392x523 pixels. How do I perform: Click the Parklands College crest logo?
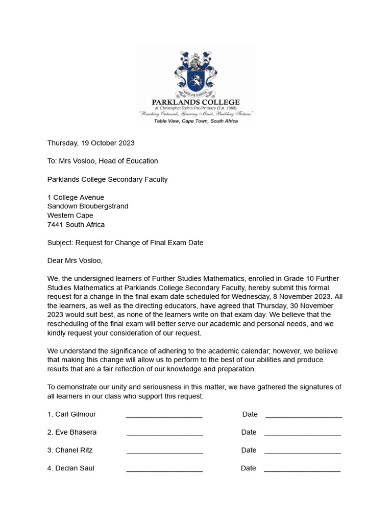[x=196, y=73]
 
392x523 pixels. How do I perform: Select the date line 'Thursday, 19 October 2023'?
[x=91, y=143]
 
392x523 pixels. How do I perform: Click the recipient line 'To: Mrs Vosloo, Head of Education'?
[x=103, y=161]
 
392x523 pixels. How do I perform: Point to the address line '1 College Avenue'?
[x=76, y=197]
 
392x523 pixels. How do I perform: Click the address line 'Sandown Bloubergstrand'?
[x=88, y=206]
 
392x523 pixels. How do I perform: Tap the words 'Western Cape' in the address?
[x=70, y=216]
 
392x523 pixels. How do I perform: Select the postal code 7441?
[x=55, y=225]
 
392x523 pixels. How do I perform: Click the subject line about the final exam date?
[x=125, y=243]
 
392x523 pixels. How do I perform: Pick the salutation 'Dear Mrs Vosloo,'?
[x=75, y=260]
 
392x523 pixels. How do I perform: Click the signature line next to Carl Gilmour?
[x=164, y=417]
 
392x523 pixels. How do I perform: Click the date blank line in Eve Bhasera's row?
[x=303, y=435]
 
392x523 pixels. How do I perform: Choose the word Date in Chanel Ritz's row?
[x=249, y=450]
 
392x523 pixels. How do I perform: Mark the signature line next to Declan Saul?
[x=164, y=470]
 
